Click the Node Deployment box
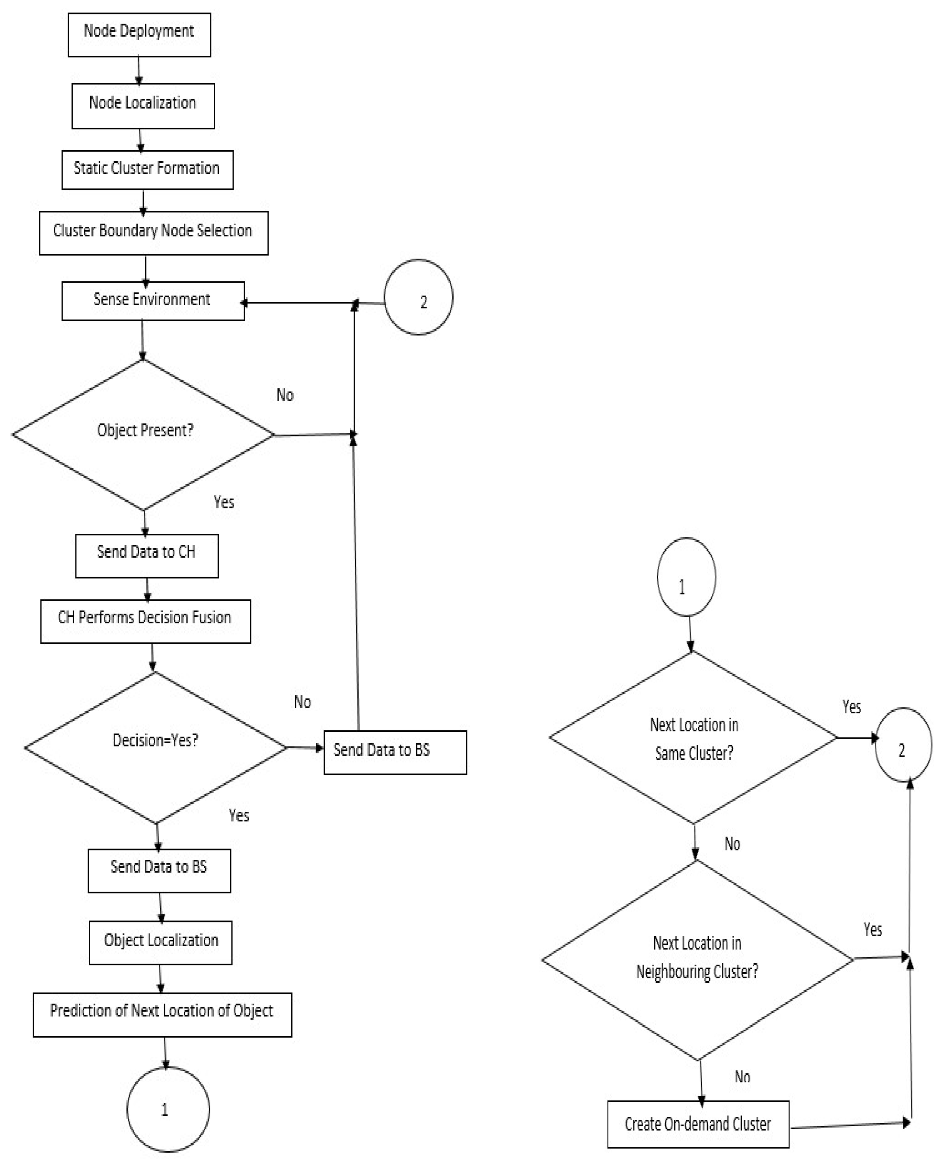(139, 35)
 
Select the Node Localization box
(143, 106)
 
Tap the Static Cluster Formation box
(147, 170)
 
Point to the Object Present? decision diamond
(143, 434)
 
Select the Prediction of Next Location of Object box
(162, 1015)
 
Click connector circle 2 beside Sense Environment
(418, 297)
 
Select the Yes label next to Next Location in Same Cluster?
(851, 707)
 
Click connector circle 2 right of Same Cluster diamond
(902, 745)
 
